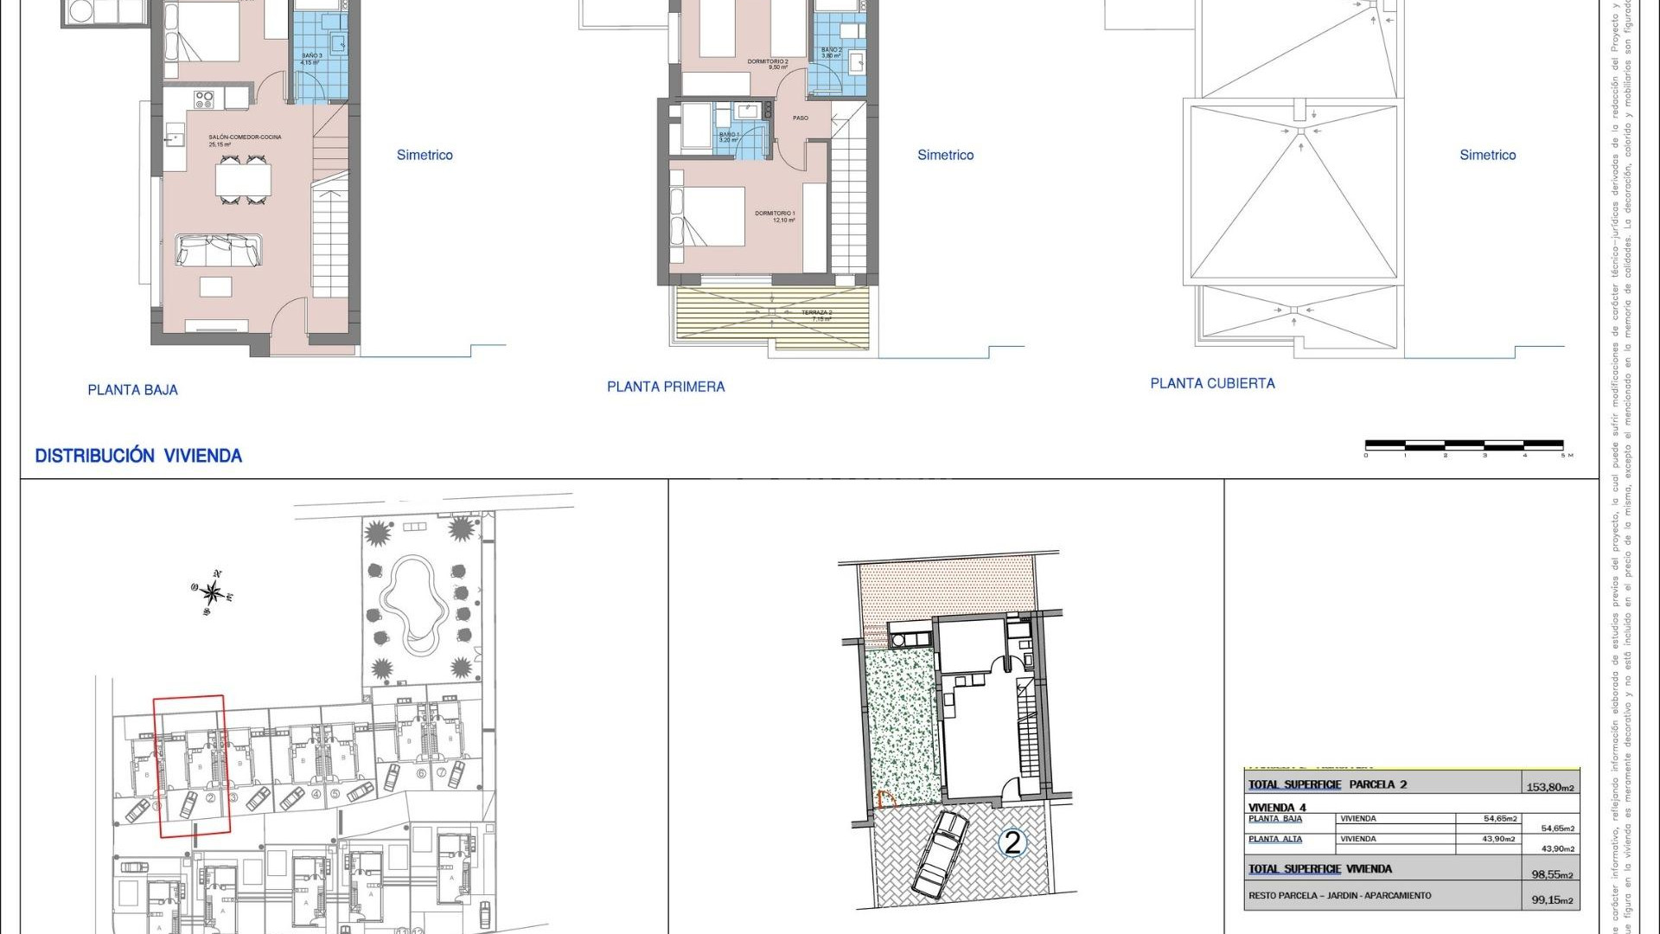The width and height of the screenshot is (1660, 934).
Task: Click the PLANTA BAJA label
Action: (x=132, y=390)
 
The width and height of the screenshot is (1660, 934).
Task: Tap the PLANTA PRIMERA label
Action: (x=666, y=387)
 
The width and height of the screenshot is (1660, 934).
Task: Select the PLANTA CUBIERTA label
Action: (x=1212, y=383)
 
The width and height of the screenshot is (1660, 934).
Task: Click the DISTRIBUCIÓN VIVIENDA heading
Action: (x=138, y=456)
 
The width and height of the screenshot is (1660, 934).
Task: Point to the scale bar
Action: (x=1465, y=446)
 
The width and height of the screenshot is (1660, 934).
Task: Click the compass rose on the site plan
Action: (x=212, y=593)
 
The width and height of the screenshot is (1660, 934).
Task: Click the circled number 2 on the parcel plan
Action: (x=1012, y=841)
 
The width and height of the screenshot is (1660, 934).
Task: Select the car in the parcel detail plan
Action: (x=939, y=854)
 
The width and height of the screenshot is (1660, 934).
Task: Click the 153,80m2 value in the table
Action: (x=1550, y=787)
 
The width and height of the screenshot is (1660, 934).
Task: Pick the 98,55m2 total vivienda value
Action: (x=1553, y=874)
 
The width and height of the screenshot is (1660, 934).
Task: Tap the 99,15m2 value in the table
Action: (x=1553, y=900)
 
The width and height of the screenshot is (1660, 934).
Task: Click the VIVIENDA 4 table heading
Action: (x=1277, y=808)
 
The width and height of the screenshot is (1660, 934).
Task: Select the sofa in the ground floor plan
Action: (x=219, y=250)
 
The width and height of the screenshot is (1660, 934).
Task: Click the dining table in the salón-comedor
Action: (x=243, y=180)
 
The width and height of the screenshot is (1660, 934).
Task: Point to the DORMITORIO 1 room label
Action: (x=775, y=214)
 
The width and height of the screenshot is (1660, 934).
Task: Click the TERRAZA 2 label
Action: (x=817, y=313)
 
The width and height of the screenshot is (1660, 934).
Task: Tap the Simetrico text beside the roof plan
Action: (x=1487, y=155)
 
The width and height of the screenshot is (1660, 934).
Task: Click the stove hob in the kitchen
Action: (x=204, y=99)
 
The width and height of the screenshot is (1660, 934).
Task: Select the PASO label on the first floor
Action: (x=801, y=118)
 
